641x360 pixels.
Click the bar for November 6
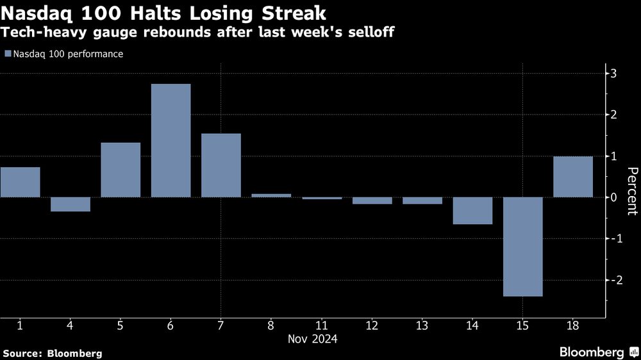click(x=171, y=140)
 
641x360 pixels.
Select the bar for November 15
click(x=523, y=247)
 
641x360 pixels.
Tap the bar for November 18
click(x=573, y=177)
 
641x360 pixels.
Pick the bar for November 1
click(x=20, y=182)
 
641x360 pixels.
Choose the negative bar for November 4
click(x=71, y=204)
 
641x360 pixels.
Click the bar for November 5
click(x=121, y=170)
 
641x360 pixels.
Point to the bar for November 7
click(x=221, y=165)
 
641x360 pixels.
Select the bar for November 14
click(x=472, y=211)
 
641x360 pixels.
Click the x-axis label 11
click(x=321, y=325)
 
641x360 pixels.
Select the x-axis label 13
click(x=422, y=325)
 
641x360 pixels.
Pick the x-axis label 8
click(x=271, y=325)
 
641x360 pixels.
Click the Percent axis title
click(x=631, y=191)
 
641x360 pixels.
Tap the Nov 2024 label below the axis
click(x=312, y=338)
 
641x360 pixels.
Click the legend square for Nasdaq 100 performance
click(x=7, y=54)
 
